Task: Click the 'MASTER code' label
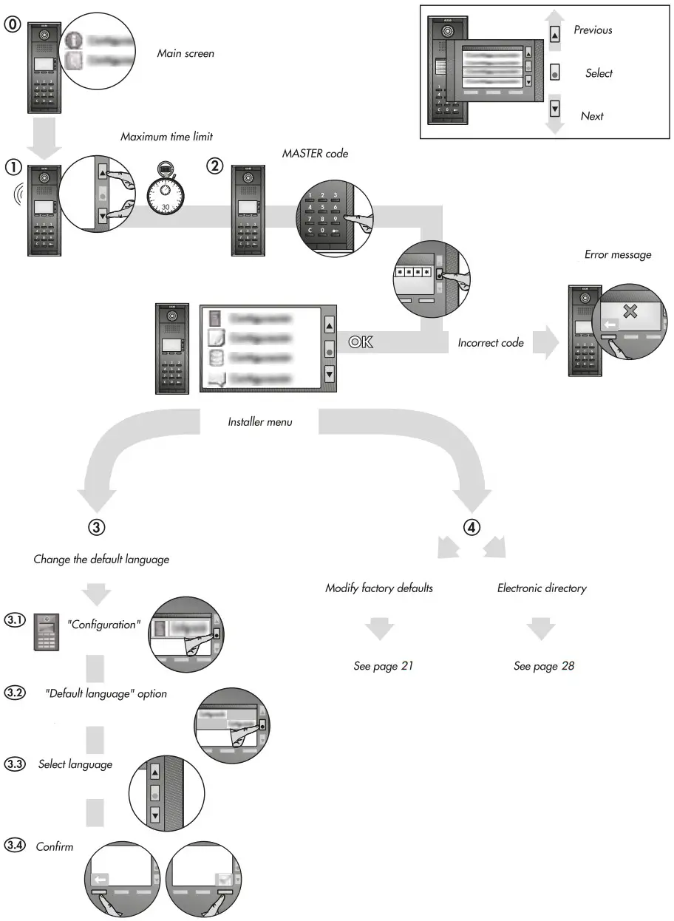tap(315, 154)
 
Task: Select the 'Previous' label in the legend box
tap(593, 30)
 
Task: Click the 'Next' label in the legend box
tap(592, 116)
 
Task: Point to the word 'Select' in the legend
tap(599, 73)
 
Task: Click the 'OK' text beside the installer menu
tap(361, 341)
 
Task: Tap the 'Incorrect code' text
tap(491, 343)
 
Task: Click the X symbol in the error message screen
tap(630, 311)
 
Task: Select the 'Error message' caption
tap(618, 254)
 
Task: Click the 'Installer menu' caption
tap(260, 422)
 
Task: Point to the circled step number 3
tap(97, 527)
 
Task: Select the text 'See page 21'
tap(383, 666)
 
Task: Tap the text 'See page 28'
tap(544, 666)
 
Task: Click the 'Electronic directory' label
tap(542, 588)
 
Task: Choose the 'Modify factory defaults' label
tap(379, 588)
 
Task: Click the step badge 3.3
tap(15, 764)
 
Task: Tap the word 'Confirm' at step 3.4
tap(55, 846)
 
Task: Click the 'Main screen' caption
tap(185, 53)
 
